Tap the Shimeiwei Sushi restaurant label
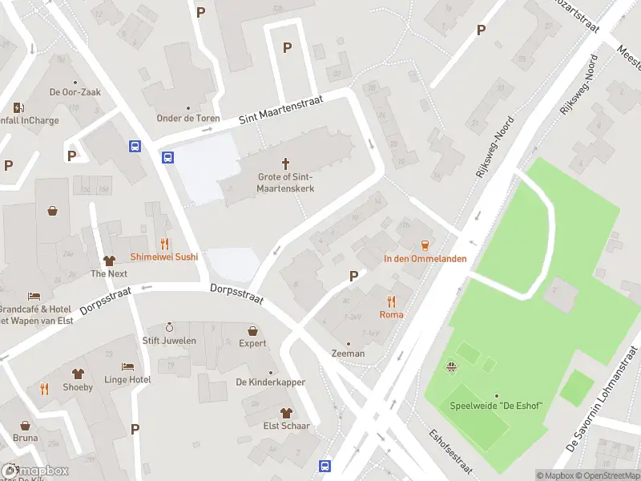point(164,257)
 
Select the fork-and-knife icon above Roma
point(391,301)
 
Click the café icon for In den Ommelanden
point(425,245)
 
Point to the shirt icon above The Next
point(109,261)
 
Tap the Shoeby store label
point(78,387)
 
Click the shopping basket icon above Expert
point(252,330)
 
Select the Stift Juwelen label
point(169,341)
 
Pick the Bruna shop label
point(25,438)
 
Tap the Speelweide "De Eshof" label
point(496,406)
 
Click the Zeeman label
point(348,354)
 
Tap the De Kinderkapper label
point(270,382)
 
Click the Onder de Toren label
point(188,119)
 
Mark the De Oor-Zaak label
point(75,92)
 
